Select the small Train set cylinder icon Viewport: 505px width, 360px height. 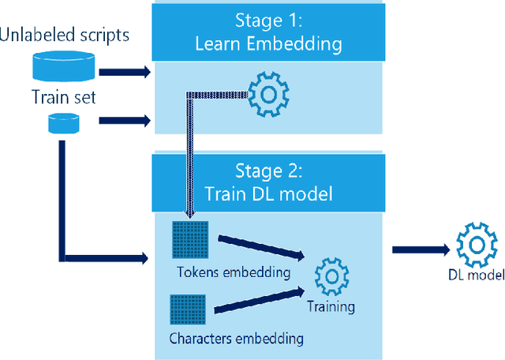pyautogui.click(x=62, y=122)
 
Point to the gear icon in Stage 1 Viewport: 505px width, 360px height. pyautogui.click(x=269, y=93)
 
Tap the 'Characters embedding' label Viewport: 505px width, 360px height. pyautogui.click(x=237, y=339)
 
